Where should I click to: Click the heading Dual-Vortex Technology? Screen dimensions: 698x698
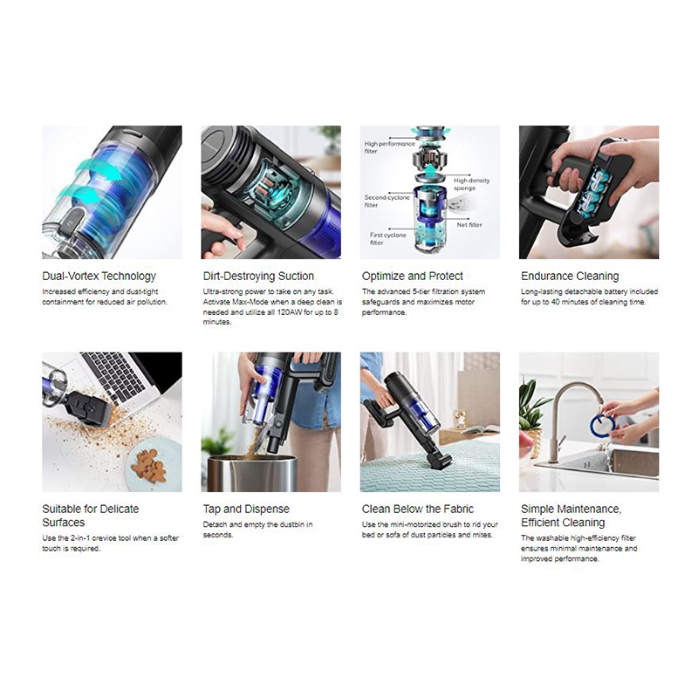99,277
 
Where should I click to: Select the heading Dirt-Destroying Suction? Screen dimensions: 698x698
258,277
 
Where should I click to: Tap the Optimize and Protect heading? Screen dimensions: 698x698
412,277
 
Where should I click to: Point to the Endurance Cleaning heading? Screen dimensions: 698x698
570,277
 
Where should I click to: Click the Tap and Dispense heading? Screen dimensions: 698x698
246,510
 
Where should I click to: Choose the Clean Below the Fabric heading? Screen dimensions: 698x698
418,510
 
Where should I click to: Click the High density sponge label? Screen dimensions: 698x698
471,184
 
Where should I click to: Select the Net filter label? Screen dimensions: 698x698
469,225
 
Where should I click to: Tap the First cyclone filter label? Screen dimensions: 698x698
387,238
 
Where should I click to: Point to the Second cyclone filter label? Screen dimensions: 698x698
387,202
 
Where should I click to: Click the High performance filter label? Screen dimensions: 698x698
389,147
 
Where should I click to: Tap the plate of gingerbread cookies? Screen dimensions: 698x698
153,465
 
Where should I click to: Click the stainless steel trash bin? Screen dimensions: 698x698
252,473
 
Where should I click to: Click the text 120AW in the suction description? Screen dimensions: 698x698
290,312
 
